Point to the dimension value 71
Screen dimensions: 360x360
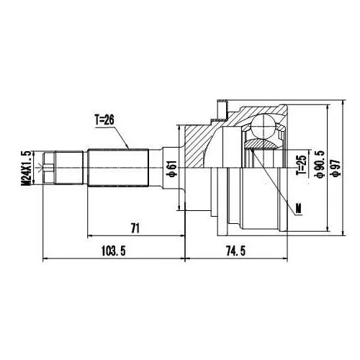pos(135,228)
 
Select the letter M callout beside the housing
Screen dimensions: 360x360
pos(298,209)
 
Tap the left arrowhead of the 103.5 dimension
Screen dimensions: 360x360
pos(46,258)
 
